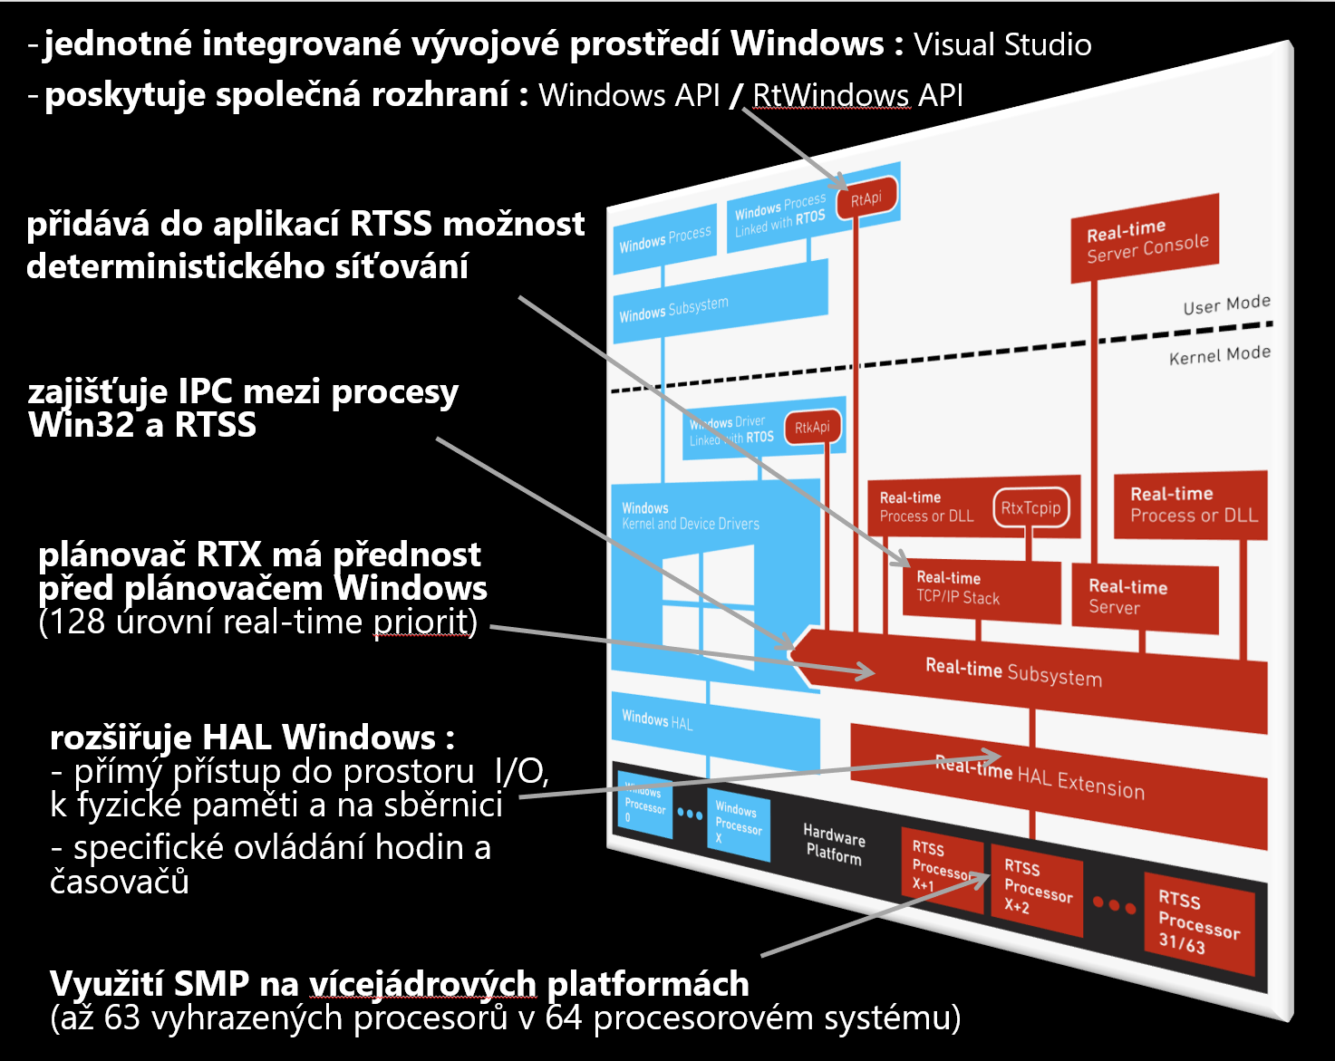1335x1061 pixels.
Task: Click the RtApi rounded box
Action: pyautogui.click(x=866, y=199)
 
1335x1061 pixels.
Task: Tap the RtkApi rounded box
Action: pyautogui.click(x=812, y=428)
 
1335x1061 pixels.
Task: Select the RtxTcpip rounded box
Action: pyautogui.click(x=1030, y=508)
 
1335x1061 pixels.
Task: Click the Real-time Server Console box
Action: pyautogui.click(x=1146, y=240)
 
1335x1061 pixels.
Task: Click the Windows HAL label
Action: pyautogui.click(x=657, y=720)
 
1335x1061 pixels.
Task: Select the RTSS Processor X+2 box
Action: pyautogui.click(x=1037, y=888)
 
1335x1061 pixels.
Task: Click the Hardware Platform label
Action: pyautogui.click(x=834, y=844)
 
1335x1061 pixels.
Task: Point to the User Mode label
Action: pyautogui.click(x=1226, y=305)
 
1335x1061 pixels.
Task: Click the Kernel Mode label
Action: pyautogui.click(x=1219, y=355)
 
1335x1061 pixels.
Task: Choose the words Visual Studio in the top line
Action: pyautogui.click(x=1002, y=44)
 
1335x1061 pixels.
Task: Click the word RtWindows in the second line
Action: pyautogui.click(x=831, y=95)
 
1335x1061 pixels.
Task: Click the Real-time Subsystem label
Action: pyautogui.click(x=1013, y=672)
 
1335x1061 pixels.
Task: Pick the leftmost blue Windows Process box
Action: pyautogui.click(x=664, y=240)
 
